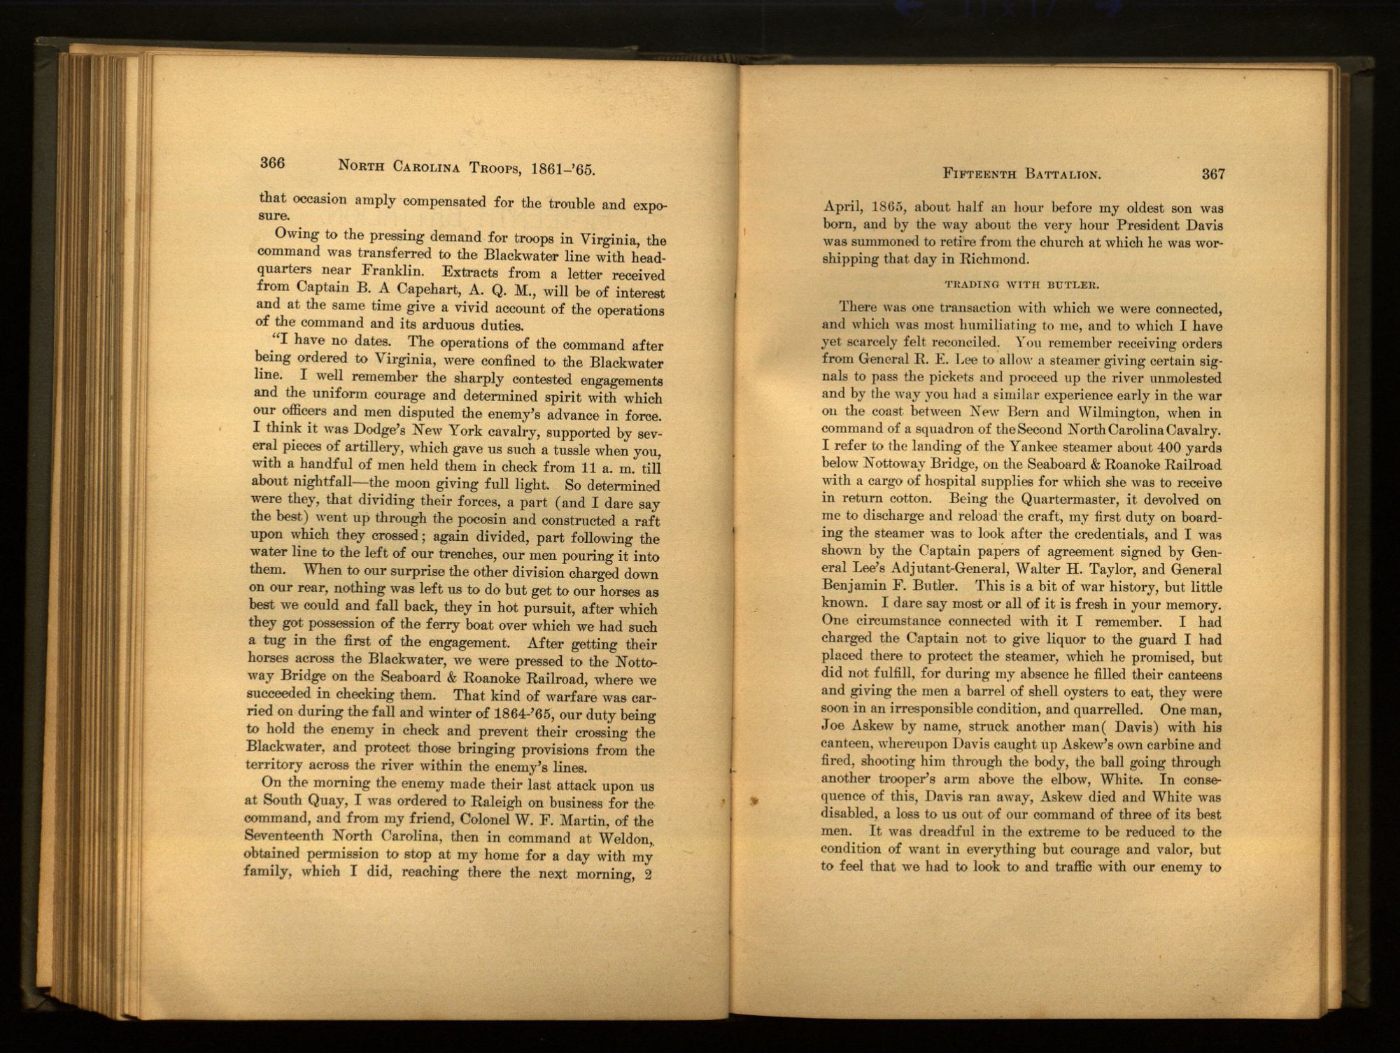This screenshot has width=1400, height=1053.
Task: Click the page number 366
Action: tap(272, 163)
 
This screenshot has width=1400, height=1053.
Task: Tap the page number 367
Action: tap(1213, 174)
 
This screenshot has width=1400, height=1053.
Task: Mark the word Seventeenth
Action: tap(284, 835)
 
